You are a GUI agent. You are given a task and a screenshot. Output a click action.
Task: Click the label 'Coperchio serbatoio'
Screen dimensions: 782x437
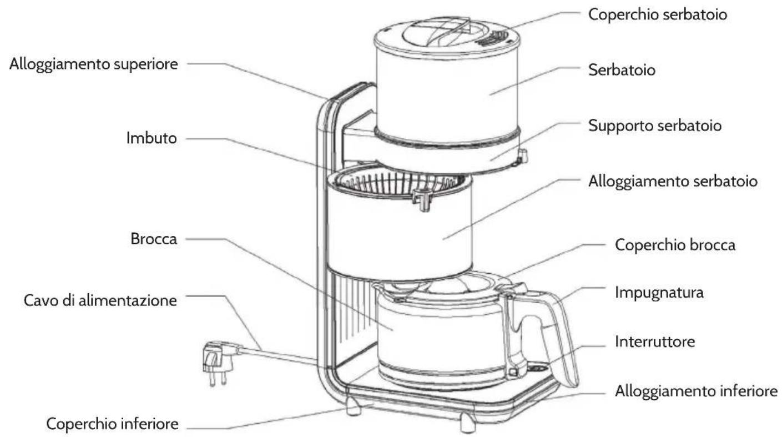tap(657, 14)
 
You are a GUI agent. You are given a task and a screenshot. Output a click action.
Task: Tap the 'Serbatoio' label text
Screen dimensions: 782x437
tap(622, 70)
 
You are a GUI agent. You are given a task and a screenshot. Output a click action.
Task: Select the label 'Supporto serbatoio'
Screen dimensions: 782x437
tap(654, 125)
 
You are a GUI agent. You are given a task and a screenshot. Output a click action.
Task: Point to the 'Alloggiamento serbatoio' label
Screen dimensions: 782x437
tap(673, 182)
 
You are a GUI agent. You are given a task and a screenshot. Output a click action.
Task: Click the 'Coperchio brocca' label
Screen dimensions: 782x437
tap(675, 245)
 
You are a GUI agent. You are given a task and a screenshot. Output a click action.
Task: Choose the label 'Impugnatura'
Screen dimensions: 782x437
tap(659, 293)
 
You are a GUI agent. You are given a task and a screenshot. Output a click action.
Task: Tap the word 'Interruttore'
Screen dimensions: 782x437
tap(655, 341)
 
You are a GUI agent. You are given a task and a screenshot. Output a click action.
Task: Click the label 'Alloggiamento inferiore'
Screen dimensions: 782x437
tap(696, 391)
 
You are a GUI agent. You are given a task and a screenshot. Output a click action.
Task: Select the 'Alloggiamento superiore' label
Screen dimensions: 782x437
tap(94, 64)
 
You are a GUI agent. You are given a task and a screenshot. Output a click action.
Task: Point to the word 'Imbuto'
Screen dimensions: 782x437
tap(152, 138)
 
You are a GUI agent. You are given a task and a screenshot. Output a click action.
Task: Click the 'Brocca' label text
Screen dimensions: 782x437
tap(154, 239)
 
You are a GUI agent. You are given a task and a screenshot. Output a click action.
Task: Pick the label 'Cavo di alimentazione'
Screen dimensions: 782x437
tap(100, 300)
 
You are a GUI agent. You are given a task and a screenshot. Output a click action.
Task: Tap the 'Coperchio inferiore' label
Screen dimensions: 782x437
tap(112, 424)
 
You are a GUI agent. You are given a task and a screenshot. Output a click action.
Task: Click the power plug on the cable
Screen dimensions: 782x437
tap(216, 361)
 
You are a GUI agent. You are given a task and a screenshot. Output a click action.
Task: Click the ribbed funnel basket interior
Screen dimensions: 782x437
tap(398, 183)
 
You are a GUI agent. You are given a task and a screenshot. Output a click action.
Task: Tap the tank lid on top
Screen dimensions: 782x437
tap(447, 35)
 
